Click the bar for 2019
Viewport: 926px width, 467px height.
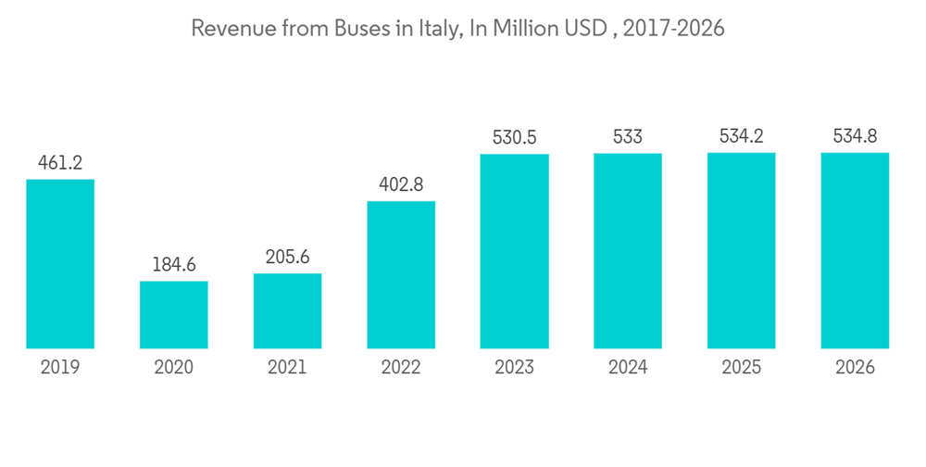click(60, 264)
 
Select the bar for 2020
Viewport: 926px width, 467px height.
click(174, 315)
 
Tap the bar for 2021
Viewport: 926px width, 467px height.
click(287, 311)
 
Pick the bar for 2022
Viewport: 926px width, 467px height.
click(401, 275)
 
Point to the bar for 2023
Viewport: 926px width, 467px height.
click(514, 251)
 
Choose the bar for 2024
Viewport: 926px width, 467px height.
click(628, 251)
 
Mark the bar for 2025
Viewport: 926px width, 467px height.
click(742, 250)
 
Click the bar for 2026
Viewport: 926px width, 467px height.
click(855, 250)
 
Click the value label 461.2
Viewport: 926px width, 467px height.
click(60, 163)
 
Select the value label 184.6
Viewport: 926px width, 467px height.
click(174, 265)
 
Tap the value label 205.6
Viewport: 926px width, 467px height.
click(287, 258)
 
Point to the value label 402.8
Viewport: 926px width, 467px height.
click(401, 184)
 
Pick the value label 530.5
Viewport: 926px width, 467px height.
click(514, 137)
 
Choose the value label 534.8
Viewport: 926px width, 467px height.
click(855, 136)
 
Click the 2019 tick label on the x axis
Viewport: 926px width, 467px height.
click(60, 368)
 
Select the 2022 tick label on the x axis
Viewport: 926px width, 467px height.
click(401, 368)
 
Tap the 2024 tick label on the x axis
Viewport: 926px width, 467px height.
click(628, 368)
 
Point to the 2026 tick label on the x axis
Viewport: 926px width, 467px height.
click(855, 368)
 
